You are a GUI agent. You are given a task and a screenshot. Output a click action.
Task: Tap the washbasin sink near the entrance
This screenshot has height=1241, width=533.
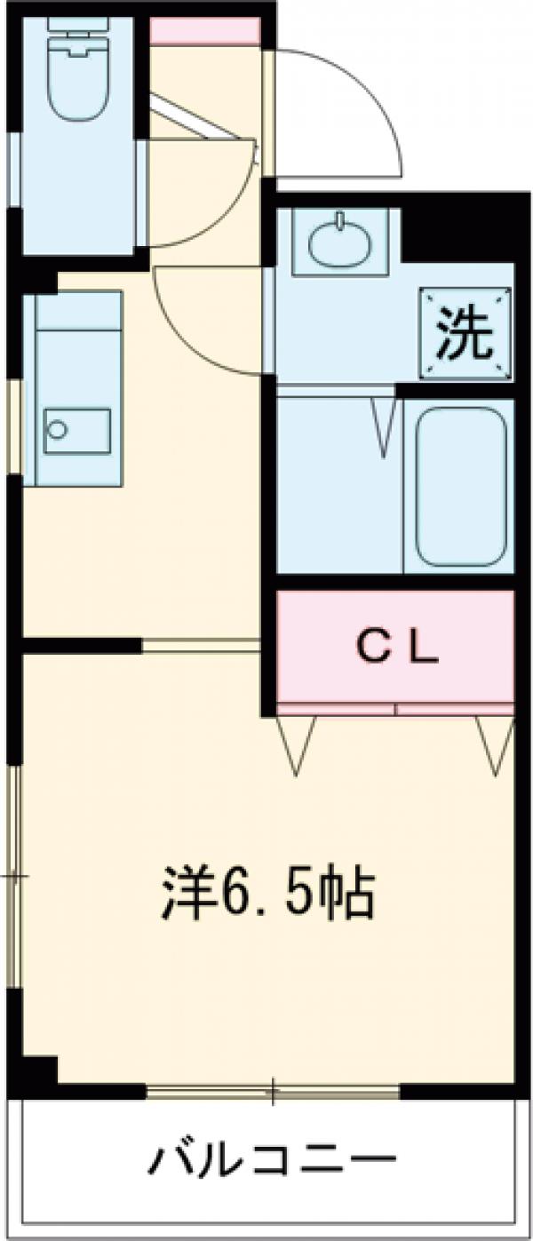(x=342, y=238)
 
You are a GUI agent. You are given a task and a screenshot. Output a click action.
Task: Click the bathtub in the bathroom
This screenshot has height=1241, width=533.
(x=459, y=486)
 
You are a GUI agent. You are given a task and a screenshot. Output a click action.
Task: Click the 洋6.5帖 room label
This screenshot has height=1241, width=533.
(x=266, y=893)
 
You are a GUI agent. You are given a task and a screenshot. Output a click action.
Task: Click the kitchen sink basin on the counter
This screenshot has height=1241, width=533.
(x=77, y=431)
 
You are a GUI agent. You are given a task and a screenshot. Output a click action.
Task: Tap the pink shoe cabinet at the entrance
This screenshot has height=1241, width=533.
(x=204, y=32)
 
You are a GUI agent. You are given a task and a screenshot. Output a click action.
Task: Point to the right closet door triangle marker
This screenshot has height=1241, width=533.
(x=495, y=741)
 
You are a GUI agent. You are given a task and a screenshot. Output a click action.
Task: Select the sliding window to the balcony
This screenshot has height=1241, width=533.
(x=273, y=1090)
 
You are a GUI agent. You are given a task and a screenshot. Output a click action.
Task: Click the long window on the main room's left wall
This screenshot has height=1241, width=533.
(x=14, y=875)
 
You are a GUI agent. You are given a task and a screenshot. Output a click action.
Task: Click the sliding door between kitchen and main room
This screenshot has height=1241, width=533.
(x=201, y=645)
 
